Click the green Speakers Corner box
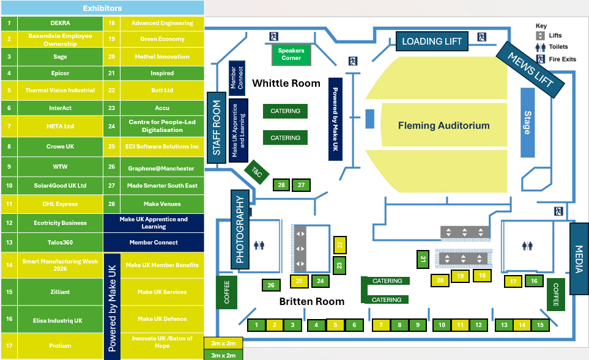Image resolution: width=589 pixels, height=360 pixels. (291, 54)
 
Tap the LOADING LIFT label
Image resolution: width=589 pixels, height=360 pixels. (432, 42)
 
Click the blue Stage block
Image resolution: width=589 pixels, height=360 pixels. (527, 122)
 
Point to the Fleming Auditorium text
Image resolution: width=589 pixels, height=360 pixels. (443, 126)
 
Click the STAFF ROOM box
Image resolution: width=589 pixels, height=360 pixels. (216, 128)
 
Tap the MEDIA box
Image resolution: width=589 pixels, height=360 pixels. (579, 259)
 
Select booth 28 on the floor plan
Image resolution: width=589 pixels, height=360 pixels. (281, 185)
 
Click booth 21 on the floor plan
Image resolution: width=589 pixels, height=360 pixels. (423, 259)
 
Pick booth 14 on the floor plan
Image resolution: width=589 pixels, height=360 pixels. (522, 325)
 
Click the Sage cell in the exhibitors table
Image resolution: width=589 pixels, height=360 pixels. (60, 57)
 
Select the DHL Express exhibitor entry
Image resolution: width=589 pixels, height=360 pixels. (60, 204)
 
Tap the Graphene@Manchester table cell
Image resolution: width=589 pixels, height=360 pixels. (161, 169)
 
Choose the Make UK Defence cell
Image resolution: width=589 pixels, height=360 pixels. (162, 319)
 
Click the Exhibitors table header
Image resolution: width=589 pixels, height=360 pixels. (102, 9)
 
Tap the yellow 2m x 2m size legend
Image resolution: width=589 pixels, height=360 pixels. (223, 343)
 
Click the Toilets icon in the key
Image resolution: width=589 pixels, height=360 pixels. (540, 47)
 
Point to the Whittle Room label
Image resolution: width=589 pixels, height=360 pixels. (286, 83)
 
